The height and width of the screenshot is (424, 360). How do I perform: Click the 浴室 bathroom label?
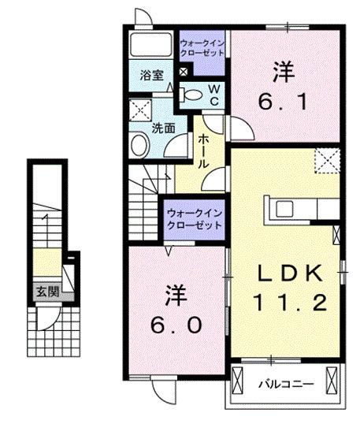[x=152, y=76]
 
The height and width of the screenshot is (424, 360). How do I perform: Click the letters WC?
[x=213, y=95]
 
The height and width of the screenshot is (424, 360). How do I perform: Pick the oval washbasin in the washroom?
[x=139, y=145]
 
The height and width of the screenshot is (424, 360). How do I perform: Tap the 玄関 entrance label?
[x=45, y=291]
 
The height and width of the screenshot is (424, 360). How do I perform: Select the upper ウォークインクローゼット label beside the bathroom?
[x=202, y=46]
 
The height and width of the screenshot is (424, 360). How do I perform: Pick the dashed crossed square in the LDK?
[x=325, y=161]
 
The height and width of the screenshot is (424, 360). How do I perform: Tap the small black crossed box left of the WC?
[x=184, y=73]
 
